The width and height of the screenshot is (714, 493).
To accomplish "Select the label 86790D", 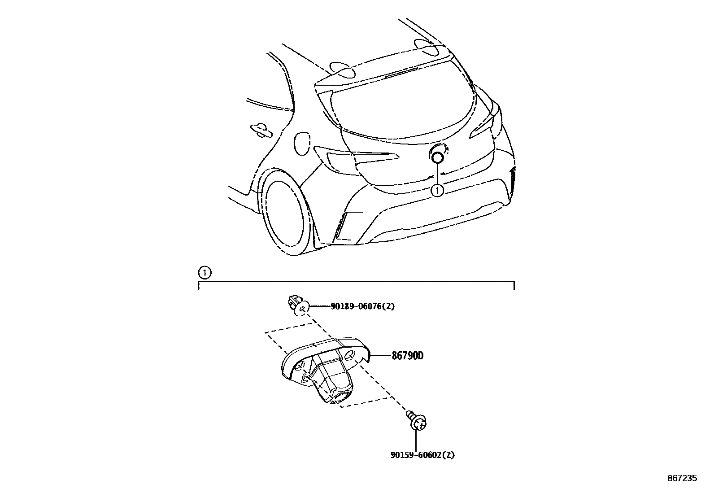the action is click(407, 356).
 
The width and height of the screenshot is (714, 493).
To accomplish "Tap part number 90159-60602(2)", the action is click(422, 455).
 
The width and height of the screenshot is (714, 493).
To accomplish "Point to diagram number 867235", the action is click(682, 478).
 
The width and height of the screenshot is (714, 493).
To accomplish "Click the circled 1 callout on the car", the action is click(437, 190).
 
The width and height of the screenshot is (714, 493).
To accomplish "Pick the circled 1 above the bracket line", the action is click(204, 272).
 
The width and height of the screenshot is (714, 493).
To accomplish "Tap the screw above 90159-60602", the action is click(418, 421).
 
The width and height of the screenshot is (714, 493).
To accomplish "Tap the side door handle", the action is click(261, 129).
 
